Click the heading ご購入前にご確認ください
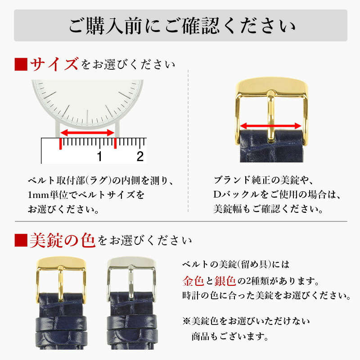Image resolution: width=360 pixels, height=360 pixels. [180, 26]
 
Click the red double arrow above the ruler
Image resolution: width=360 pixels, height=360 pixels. [87, 132]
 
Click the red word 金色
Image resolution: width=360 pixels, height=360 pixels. [193, 282]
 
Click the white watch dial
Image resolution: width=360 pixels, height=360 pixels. [88, 101]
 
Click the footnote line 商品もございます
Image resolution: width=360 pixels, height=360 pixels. [229, 336]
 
